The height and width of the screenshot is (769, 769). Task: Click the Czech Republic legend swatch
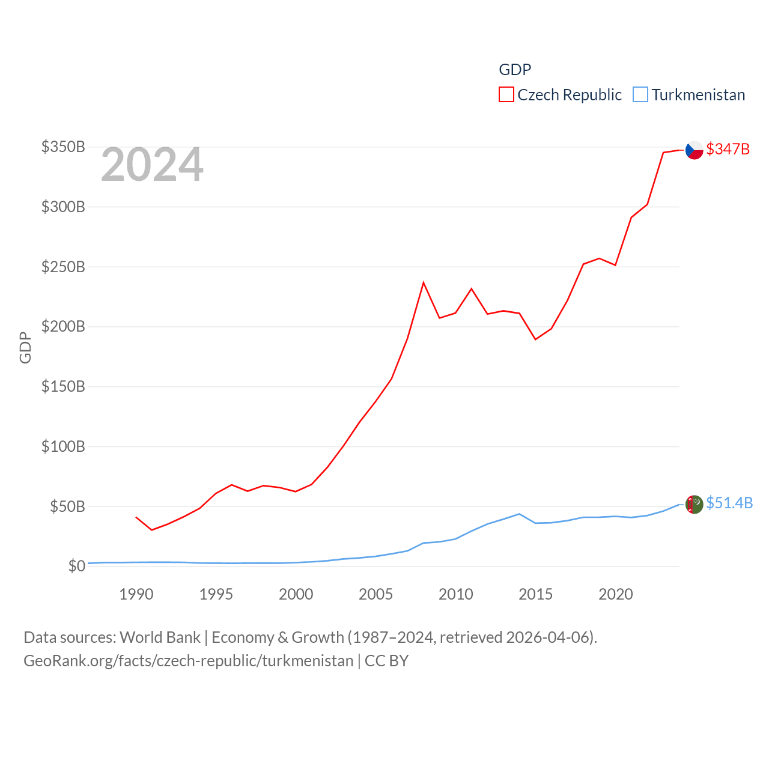pyautogui.click(x=506, y=95)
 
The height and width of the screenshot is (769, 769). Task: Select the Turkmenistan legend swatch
pyautogui.click(x=640, y=95)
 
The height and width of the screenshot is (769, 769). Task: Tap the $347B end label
pyautogui.click(x=728, y=149)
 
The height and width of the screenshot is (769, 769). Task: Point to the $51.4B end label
pyautogui.click(x=729, y=503)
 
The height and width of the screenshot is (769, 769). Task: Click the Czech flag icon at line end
pyautogui.click(x=694, y=150)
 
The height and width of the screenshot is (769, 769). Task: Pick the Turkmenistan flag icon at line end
pyautogui.click(x=694, y=504)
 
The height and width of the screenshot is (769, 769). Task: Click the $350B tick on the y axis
pyautogui.click(x=63, y=147)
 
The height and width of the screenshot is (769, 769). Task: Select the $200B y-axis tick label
pyautogui.click(x=63, y=326)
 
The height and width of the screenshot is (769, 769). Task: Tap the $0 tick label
pyautogui.click(x=76, y=566)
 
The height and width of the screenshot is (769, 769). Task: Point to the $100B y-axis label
pyautogui.click(x=63, y=446)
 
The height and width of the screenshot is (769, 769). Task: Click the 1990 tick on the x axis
pyautogui.click(x=136, y=594)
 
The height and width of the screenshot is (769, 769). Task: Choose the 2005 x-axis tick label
pyautogui.click(x=375, y=594)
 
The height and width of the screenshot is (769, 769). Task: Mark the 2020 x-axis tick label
pyautogui.click(x=615, y=594)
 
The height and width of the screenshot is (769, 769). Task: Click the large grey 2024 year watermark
pyautogui.click(x=152, y=165)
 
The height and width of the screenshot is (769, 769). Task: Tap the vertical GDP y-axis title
pyautogui.click(x=25, y=347)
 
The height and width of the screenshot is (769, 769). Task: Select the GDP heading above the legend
pyautogui.click(x=515, y=70)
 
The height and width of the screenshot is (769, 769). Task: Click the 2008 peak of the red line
pyautogui.click(x=424, y=282)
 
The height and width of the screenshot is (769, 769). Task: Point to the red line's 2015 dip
pyautogui.click(x=535, y=339)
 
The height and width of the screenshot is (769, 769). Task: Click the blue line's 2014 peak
pyautogui.click(x=519, y=514)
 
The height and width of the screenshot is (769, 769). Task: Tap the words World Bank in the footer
pyautogui.click(x=160, y=637)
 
